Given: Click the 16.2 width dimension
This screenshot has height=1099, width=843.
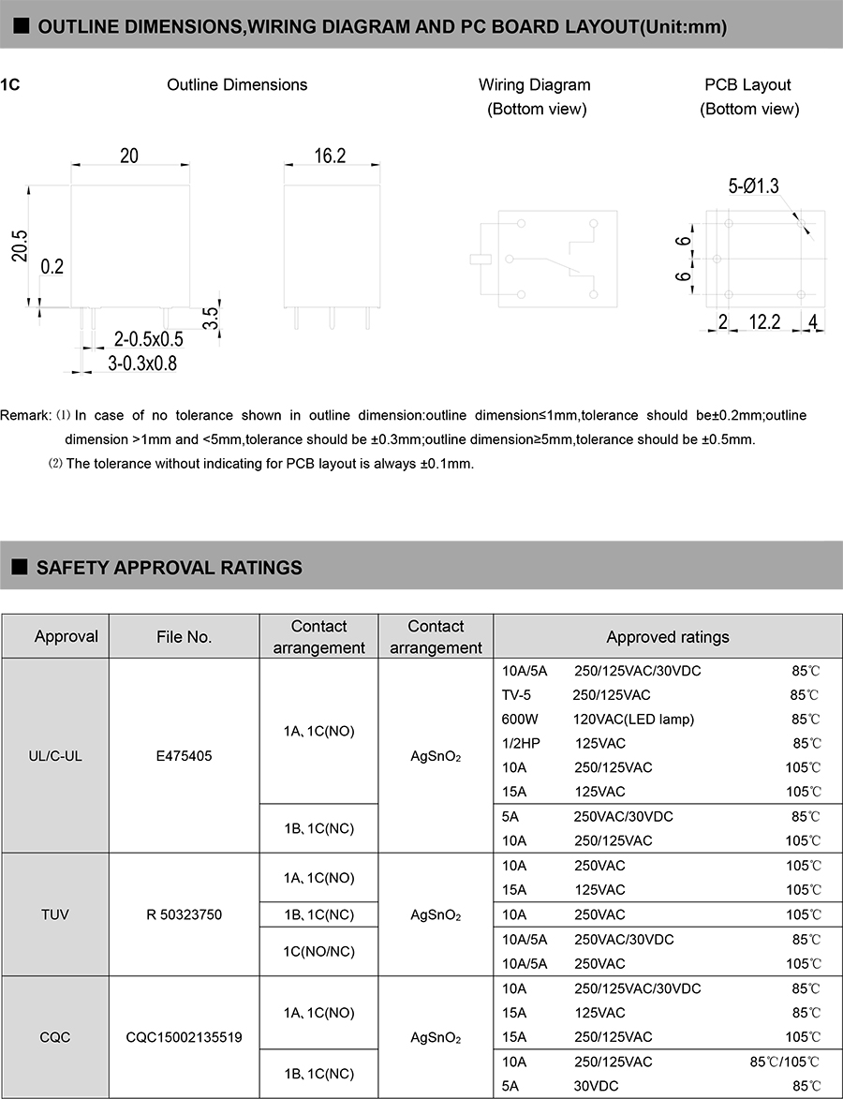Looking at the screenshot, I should point(329,156).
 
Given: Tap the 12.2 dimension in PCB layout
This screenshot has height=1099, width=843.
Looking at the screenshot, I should point(764,322).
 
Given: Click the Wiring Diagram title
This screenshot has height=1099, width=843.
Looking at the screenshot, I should point(534,85).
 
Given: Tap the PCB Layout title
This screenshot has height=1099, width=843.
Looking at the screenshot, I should point(747,85).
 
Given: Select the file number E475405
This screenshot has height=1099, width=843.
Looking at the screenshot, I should point(185,755).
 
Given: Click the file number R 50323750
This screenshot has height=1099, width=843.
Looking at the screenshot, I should point(185,914).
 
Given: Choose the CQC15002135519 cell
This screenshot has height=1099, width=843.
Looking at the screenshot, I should point(185,1037).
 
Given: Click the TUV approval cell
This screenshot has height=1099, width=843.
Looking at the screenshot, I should point(55,914).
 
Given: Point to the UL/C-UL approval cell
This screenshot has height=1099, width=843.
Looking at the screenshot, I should point(55,755).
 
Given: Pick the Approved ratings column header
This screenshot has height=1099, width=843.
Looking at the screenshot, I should point(667,637).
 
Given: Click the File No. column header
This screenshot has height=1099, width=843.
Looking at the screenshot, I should point(185,637).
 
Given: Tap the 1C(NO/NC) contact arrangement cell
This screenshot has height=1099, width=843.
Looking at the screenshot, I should point(318,951).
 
